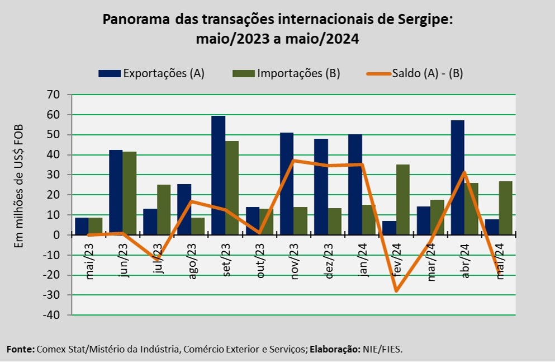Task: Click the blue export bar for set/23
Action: point(218,175)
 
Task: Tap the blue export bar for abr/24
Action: point(458,177)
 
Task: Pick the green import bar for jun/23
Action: point(129,193)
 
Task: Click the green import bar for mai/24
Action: point(505,208)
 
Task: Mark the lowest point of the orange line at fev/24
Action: point(396,291)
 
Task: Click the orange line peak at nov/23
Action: point(293,161)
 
